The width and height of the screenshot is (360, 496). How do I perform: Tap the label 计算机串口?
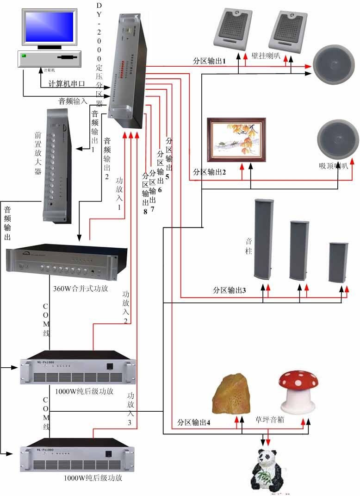pyautogui.click(x=67, y=84)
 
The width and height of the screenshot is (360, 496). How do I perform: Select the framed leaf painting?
pyautogui.click(x=236, y=140)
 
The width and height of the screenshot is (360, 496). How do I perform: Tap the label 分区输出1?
pyautogui.click(x=209, y=61)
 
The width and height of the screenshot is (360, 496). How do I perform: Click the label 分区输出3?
pyautogui.click(x=229, y=290)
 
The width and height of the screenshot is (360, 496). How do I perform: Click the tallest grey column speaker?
pyautogui.click(x=263, y=239)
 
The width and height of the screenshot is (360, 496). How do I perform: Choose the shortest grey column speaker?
pyautogui.click(x=338, y=263)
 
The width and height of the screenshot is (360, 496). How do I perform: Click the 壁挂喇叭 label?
pyautogui.click(x=266, y=56)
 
